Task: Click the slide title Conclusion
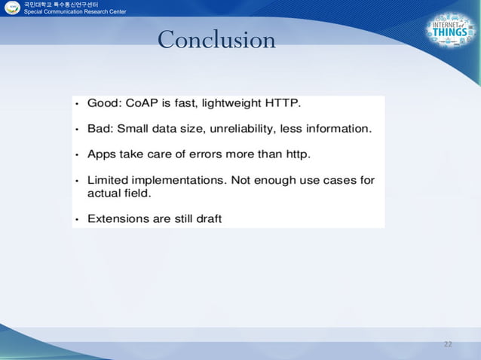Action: pyautogui.click(x=216, y=40)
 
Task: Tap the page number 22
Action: pyautogui.click(x=448, y=344)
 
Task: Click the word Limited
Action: pyautogui.click(x=110, y=181)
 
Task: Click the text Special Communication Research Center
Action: pyautogui.click(x=75, y=13)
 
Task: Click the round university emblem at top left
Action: pyautogui.click(x=11, y=8)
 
